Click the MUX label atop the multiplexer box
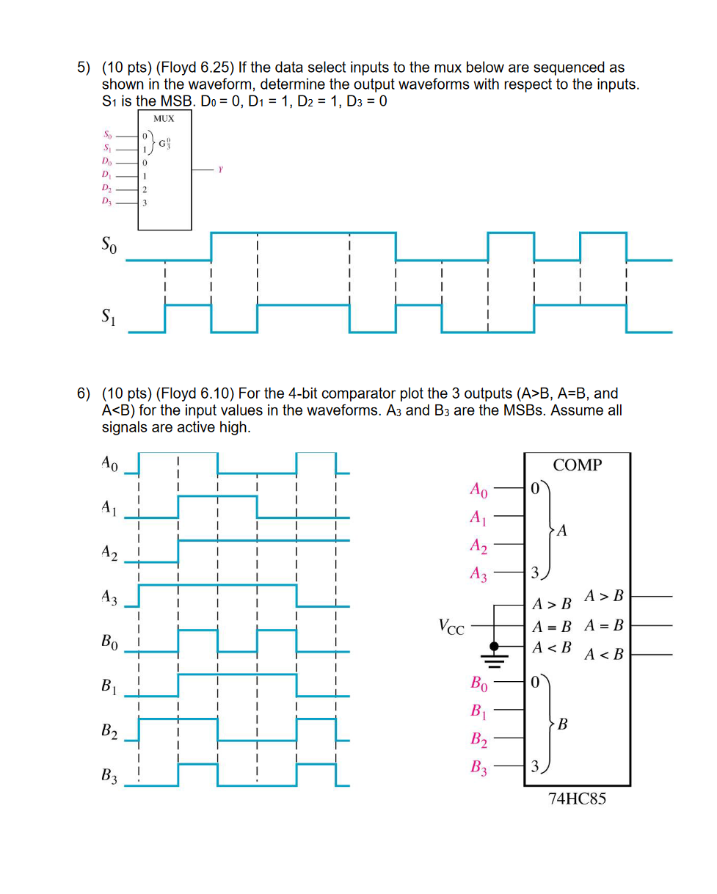click(x=164, y=117)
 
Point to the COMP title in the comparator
click(x=577, y=465)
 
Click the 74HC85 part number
click(x=577, y=799)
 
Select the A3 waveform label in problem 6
click(x=109, y=598)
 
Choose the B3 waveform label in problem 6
click(x=109, y=775)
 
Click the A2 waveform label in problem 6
click(x=109, y=554)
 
